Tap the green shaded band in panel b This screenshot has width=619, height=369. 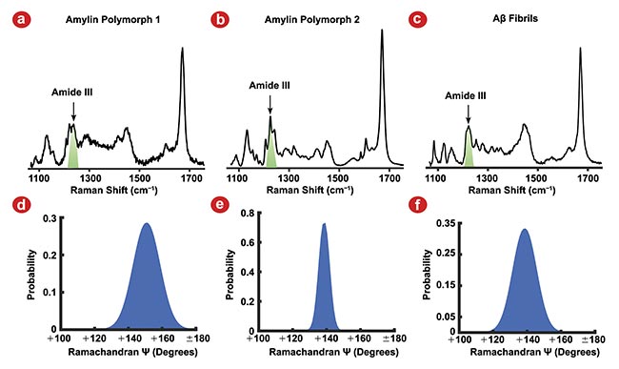tap(271, 149)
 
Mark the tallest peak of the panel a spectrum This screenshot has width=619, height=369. tap(182, 49)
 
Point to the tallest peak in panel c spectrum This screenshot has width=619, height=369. tap(580, 49)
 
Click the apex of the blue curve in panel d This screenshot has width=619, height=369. tap(146, 224)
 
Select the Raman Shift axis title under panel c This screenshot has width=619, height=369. tap(509, 189)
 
